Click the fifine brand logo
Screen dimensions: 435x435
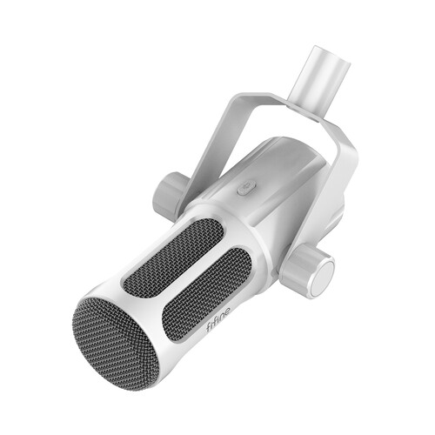(x=218, y=319)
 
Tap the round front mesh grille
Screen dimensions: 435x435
(x=115, y=344)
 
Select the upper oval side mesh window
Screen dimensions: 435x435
(x=173, y=256)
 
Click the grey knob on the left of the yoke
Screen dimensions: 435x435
(x=168, y=191)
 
